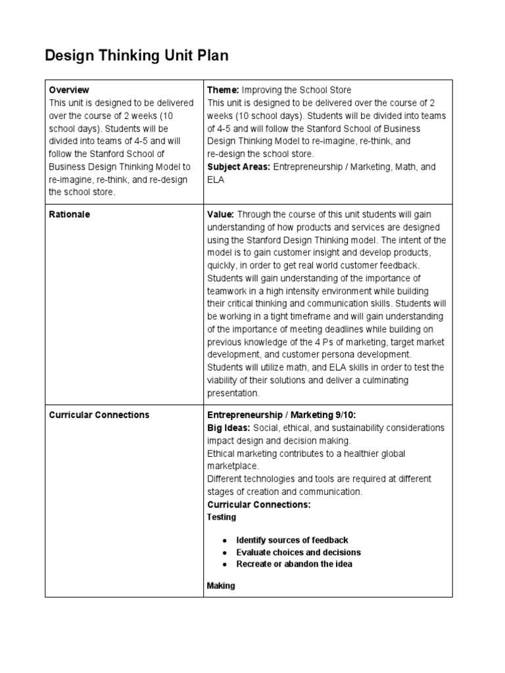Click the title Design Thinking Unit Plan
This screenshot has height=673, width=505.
click(137, 56)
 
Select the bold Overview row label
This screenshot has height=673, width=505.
click(69, 90)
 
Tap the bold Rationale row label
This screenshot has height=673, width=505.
click(70, 214)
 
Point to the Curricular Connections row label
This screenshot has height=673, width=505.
click(99, 415)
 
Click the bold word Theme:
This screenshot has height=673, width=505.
click(224, 90)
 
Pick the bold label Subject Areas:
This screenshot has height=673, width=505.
click(239, 167)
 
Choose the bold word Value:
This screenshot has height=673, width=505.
click(221, 214)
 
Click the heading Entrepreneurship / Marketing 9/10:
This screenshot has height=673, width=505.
click(281, 415)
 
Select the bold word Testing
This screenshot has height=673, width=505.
click(222, 517)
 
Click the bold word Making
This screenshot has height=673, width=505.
click(221, 586)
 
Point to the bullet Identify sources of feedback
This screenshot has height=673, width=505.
click(292, 540)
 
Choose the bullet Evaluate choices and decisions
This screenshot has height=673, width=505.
click(299, 553)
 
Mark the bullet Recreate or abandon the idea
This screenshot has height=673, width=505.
click(294, 565)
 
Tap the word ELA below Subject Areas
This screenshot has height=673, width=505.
click(216, 179)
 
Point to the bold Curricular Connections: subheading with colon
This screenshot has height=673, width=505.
click(258, 505)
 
